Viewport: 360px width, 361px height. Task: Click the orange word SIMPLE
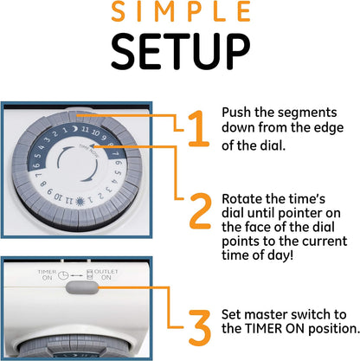click(x=181, y=11)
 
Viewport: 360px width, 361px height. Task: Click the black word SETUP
click(x=180, y=51)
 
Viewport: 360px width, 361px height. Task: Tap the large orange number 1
click(x=198, y=129)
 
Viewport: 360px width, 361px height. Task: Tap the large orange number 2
click(x=201, y=211)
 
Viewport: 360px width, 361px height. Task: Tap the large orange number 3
click(x=200, y=328)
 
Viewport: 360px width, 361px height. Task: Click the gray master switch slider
click(x=82, y=287)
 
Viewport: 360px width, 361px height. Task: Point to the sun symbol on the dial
click(x=80, y=202)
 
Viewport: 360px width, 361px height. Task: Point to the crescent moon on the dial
click(x=74, y=129)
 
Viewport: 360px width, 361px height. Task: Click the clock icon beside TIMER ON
click(x=63, y=275)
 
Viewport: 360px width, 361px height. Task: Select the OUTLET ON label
click(x=106, y=274)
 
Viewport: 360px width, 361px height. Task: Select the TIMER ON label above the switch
click(x=47, y=274)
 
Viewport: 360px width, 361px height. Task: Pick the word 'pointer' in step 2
click(x=299, y=214)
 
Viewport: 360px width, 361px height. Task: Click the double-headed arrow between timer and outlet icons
click(x=76, y=276)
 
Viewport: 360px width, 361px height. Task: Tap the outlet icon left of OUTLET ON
click(x=90, y=274)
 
